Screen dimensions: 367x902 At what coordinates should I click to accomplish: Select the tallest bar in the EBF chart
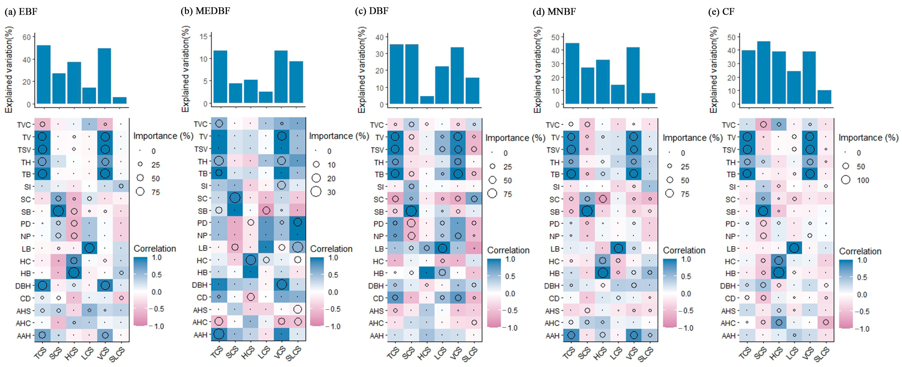click(x=43, y=75)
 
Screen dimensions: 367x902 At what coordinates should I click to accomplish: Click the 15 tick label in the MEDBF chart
click(x=203, y=36)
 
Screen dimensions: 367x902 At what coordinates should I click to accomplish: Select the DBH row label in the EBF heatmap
click(x=23, y=286)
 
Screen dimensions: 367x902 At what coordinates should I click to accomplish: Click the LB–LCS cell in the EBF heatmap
click(x=89, y=248)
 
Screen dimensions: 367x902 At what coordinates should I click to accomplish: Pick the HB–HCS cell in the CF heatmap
click(x=778, y=273)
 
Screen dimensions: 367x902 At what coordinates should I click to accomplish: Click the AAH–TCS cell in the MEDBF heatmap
click(x=219, y=334)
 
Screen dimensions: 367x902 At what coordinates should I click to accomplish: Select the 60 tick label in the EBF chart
click(x=27, y=37)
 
